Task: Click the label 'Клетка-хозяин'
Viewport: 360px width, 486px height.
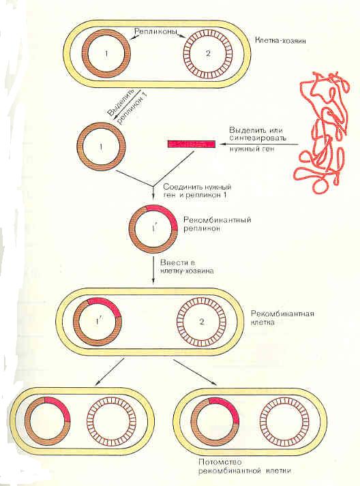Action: pos(280,40)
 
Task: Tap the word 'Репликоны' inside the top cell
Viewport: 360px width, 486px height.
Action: pos(155,31)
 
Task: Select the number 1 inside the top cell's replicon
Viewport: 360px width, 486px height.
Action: pos(106,54)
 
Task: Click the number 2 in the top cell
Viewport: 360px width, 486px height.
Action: pos(208,53)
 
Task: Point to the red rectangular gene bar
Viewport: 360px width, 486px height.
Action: pos(192,144)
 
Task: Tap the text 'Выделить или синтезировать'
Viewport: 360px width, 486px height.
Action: pos(258,134)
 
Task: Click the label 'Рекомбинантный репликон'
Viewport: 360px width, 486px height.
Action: pos(217,224)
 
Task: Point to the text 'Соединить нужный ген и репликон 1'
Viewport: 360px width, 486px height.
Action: pos(197,191)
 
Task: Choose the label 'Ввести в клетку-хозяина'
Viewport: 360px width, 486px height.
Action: pos(187,267)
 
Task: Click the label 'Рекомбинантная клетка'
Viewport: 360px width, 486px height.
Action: pos(282,318)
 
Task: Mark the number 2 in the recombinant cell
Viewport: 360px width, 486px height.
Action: pos(202,322)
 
